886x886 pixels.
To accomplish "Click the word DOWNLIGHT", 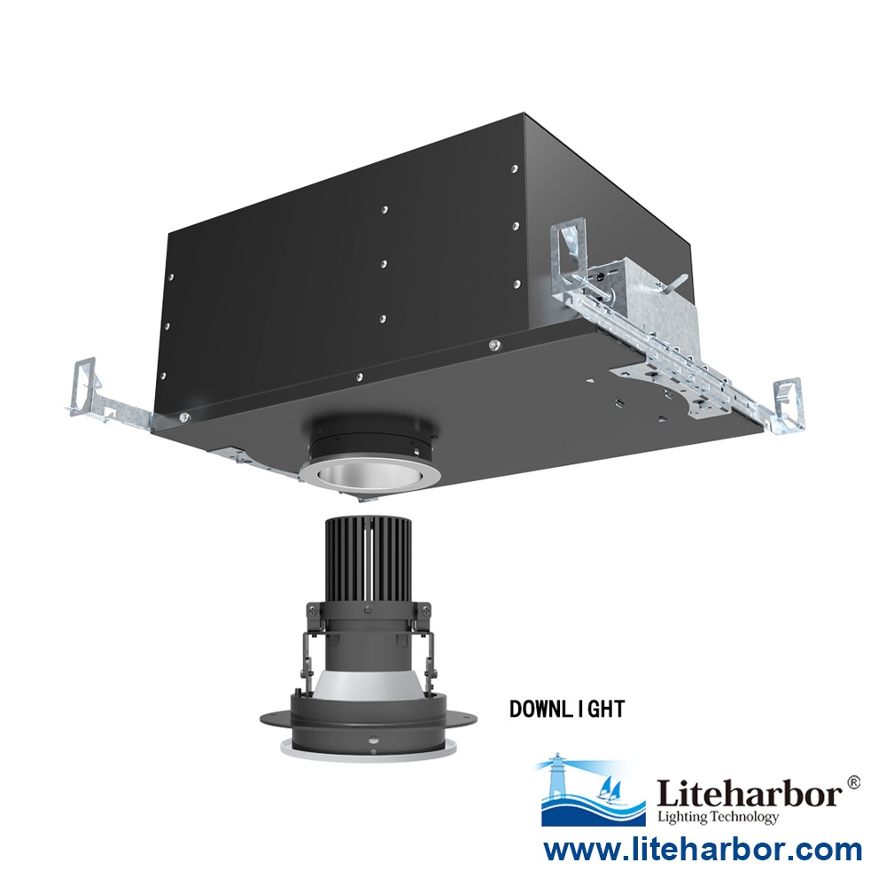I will click(x=567, y=709).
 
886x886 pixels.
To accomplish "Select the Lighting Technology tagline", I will click(x=718, y=817).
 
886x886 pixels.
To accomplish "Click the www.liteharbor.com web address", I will click(x=702, y=851).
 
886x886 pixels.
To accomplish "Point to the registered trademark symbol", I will click(x=853, y=781).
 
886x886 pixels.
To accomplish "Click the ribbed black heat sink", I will click(x=367, y=554).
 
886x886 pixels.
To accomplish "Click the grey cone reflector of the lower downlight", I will click(x=368, y=687).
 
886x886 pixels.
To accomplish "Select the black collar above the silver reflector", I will click(x=367, y=439).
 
